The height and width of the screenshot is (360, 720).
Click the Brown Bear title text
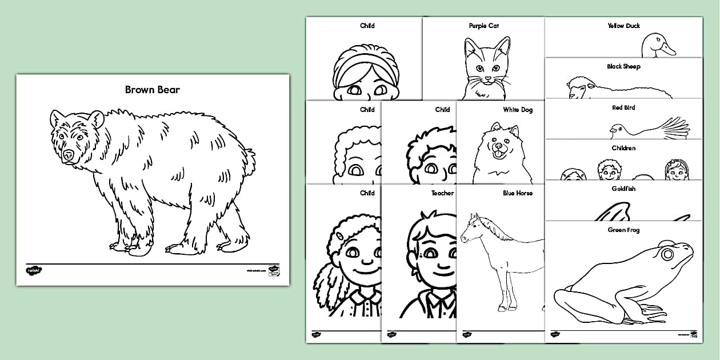153,90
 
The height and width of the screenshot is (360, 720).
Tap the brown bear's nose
69,155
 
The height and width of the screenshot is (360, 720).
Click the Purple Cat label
483,26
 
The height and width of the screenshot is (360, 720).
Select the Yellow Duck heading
623,26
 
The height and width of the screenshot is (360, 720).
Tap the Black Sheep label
623,67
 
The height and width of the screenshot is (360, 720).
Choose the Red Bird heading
623,107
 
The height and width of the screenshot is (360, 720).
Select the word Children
623,149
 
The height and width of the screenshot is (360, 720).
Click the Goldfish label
623,189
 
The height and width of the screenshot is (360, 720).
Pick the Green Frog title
623,230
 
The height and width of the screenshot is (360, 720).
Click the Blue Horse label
517,194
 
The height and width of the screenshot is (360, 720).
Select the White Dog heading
518,110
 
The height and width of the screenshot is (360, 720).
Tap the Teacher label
442,194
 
